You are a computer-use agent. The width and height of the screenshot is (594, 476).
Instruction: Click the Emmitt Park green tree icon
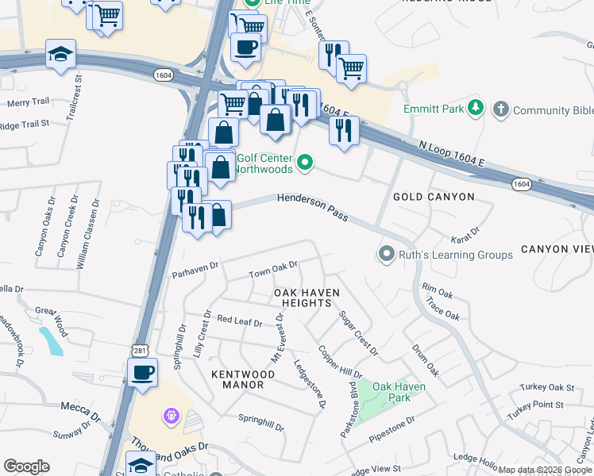tap(476, 107)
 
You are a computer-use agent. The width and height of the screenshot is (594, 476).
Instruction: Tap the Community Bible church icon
tap(500, 109)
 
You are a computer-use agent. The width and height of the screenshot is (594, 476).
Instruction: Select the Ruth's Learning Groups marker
tap(387, 255)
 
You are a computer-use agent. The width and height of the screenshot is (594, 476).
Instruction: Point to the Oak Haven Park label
tap(399, 392)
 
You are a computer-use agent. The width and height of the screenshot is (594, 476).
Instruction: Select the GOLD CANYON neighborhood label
tap(434, 197)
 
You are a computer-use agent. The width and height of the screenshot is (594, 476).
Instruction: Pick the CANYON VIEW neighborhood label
tap(557, 249)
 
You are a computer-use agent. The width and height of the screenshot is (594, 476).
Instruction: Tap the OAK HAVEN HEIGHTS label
tap(307, 298)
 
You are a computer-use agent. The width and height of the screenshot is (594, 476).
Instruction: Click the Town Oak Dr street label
tap(272, 270)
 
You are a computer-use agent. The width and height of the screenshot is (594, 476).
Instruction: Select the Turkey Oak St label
tap(547, 387)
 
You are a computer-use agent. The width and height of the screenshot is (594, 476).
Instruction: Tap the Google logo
tap(26, 466)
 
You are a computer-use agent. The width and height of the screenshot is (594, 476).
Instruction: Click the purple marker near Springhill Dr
tap(171, 415)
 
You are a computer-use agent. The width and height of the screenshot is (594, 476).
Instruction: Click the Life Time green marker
tap(253, 2)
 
